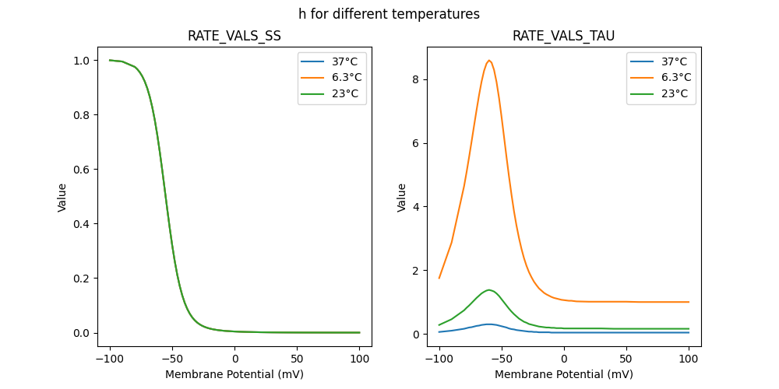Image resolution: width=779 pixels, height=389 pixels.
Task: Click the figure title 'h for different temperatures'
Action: click(389, 14)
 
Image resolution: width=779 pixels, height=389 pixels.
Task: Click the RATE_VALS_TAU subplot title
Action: click(563, 36)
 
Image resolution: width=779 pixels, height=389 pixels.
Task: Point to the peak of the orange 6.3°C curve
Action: click(489, 61)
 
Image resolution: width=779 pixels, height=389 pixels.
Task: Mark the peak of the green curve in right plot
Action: click(489, 290)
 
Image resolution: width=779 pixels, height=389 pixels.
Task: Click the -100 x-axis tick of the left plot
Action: click(110, 359)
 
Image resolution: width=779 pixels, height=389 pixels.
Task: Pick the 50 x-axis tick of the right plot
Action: click(626, 359)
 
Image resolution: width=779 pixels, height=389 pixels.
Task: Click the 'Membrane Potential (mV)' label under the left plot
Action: click(234, 374)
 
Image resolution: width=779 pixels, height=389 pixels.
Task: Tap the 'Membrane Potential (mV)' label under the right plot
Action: click(564, 374)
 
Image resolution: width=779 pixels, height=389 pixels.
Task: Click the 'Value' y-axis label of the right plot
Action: click(402, 197)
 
